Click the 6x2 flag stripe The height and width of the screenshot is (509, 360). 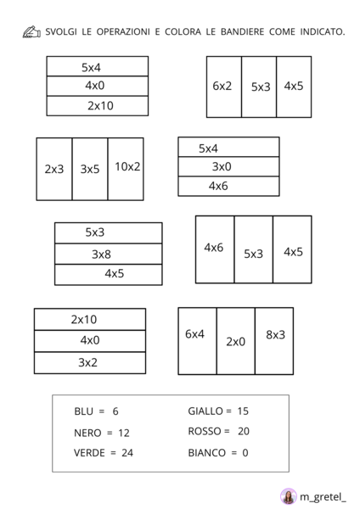[224, 87]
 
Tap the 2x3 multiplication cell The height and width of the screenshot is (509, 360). [54, 169]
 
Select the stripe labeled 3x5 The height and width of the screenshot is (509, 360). [90, 169]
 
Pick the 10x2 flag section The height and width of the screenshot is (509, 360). [126, 169]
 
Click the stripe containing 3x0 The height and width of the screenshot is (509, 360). [228, 166]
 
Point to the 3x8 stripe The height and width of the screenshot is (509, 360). [108, 254]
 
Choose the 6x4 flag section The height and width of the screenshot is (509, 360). [197, 341]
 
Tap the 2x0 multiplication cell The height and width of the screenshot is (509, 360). [236, 341]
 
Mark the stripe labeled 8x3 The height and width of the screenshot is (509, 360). [274, 341]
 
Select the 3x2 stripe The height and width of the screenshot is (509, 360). [90, 362]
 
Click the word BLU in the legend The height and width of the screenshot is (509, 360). [83, 411]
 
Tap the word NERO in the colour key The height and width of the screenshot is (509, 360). [87, 433]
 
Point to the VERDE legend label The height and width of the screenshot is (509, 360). [89, 453]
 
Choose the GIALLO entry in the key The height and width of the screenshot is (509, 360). [205, 411]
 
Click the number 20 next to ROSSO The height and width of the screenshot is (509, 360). [244, 432]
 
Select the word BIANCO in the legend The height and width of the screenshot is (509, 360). [207, 453]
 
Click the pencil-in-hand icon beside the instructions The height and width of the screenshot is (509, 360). [31, 32]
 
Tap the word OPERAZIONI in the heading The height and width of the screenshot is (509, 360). [123, 32]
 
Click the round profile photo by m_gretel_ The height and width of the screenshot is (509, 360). [288, 496]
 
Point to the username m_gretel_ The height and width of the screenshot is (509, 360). [323, 496]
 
